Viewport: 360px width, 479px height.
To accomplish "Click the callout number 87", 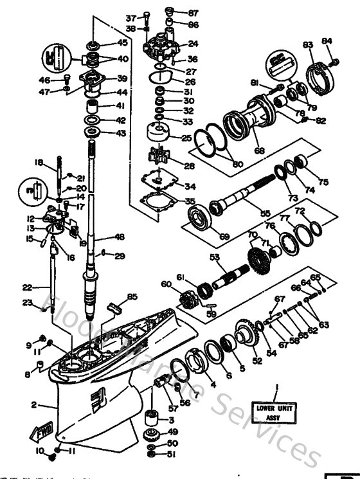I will pyautogui.click(x=194, y=13).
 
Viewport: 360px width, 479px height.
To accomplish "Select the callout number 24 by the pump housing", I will pyautogui.click(x=193, y=44).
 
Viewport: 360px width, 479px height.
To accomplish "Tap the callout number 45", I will pyautogui.click(x=122, y=43).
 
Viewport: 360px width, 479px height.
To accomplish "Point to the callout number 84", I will pyautogui.click(x=327, y=41).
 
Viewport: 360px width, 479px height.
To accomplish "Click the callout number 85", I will pyautogui.click(x=132, y=296).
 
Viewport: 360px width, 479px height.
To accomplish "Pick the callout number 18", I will pyautogui.click(x=38, y=163).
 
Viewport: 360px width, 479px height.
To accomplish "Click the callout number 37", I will pyautogui.click(x=131, y=17).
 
